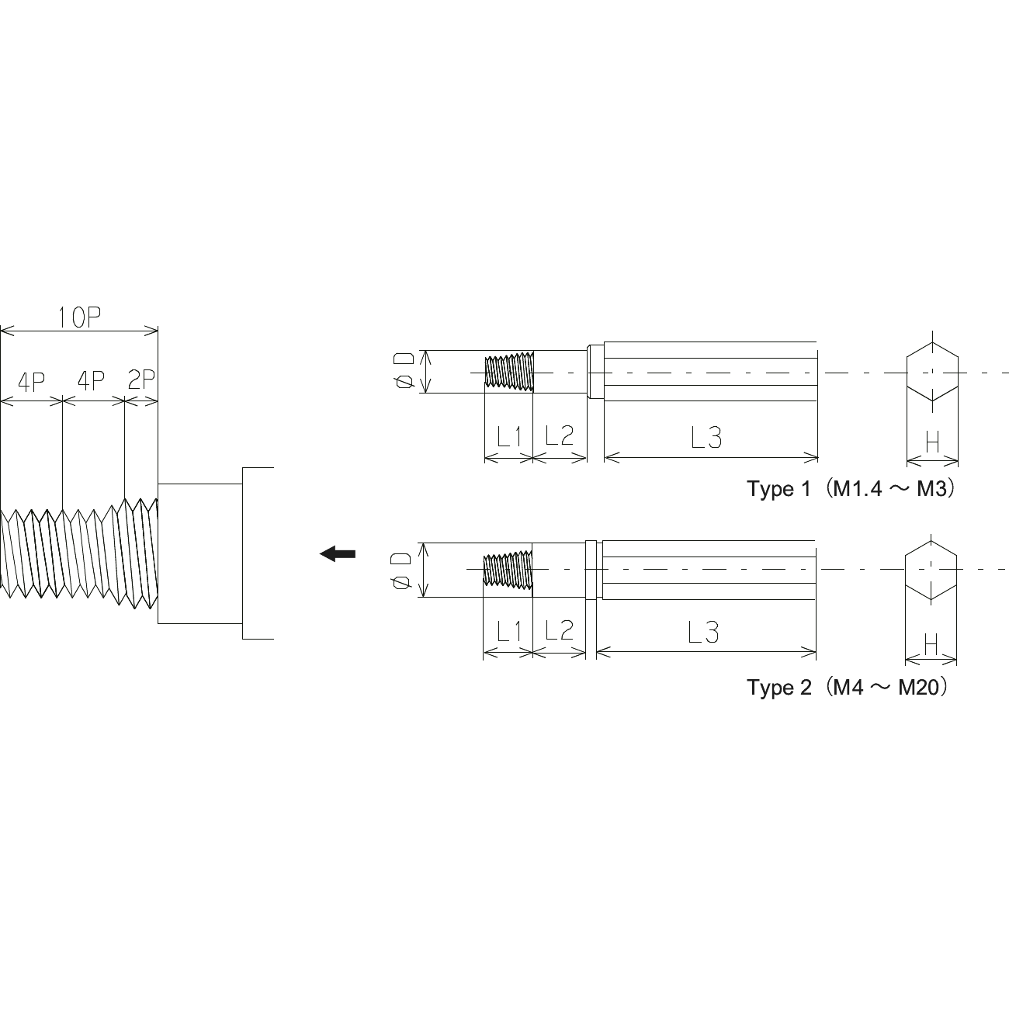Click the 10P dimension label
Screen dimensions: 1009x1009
tap(79, 317)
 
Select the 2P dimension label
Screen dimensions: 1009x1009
tap(141, 380)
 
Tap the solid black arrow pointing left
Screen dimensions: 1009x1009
tap(338, 553)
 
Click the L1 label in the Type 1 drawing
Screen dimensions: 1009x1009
tap(509, 436)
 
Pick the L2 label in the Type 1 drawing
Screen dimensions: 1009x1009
tap(559, 435)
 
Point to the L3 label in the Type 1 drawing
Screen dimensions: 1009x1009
tap(706, 438)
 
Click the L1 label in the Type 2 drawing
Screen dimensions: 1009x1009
tap(509, 632)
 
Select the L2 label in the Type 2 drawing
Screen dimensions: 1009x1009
tap(559, 630)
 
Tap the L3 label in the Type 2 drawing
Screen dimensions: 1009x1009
tap(703, 633)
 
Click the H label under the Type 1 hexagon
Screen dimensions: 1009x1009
tap(932, 442)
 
